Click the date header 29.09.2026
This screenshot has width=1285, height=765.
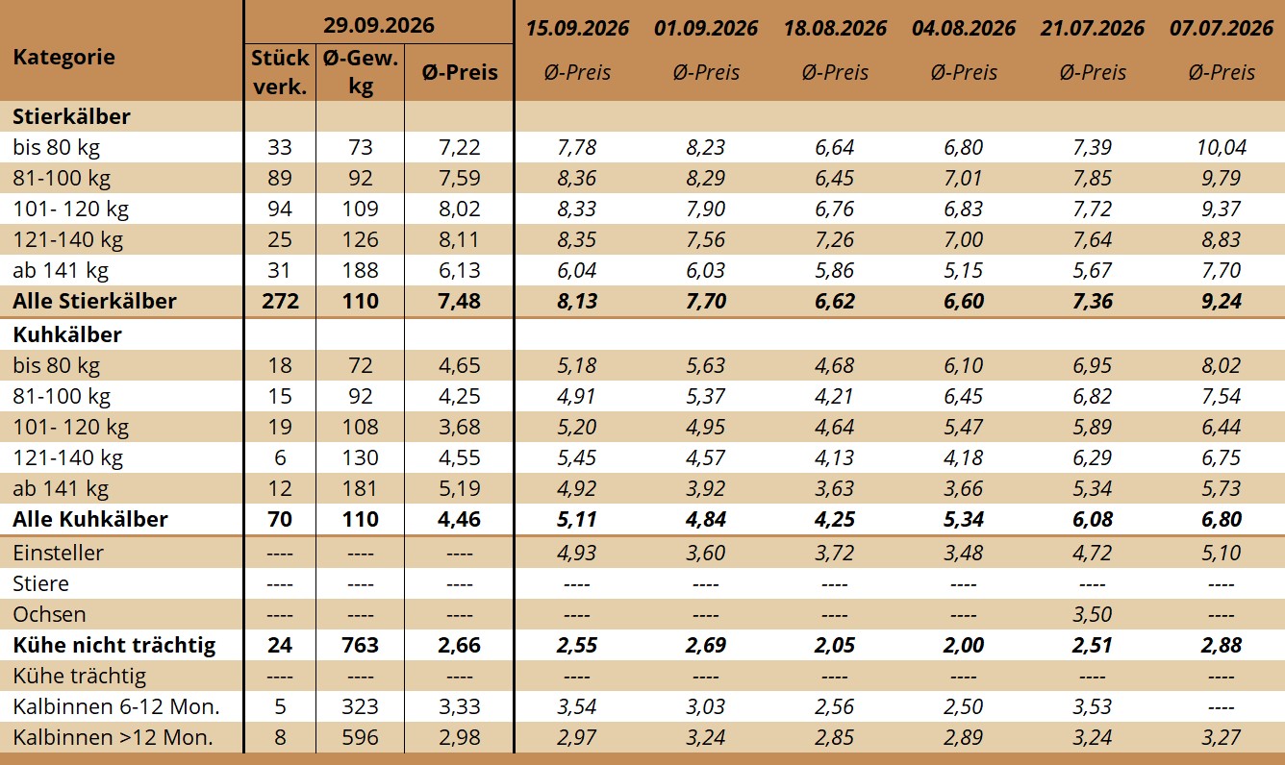coord(379,25)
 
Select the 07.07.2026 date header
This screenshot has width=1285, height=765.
coord(1222,28)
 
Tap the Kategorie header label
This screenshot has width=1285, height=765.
coord(63,58)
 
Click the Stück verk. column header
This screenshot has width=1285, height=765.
coord(280,72)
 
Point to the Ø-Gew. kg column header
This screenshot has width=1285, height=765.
coord(361,72)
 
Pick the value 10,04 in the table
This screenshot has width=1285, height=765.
coord(1222,147)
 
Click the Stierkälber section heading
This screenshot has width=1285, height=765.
coord(71,116)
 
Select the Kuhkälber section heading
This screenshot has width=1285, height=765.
coord(67,334)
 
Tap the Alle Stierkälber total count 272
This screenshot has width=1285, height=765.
coord(280,301)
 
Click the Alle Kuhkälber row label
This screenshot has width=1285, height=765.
coord(90,519)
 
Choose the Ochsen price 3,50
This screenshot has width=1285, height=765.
coord(1093,614)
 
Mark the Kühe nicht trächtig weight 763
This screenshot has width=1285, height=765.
coord(361,645)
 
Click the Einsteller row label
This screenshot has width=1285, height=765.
coord(58,553)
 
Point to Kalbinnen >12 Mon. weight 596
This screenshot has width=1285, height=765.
coord(361,737)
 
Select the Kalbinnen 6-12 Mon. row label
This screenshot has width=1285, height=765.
coord(115,706)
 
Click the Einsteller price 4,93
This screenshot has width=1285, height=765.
coord(576,553)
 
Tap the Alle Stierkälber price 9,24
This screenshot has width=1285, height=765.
coord(1222,301)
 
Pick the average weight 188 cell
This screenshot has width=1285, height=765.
coord(361,270)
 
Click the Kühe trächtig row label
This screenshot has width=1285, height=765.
coord(79,677)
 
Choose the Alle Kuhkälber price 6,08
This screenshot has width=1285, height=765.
coord(1093,519)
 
